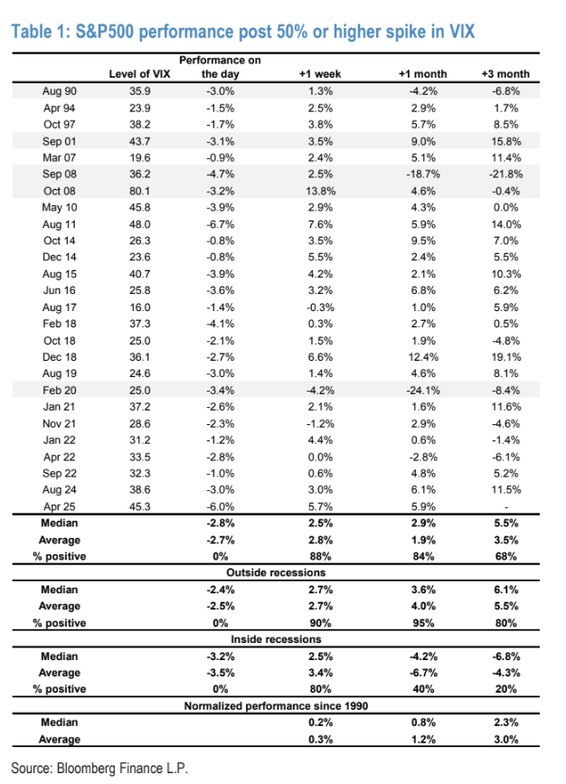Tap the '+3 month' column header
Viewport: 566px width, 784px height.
[506, 73]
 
